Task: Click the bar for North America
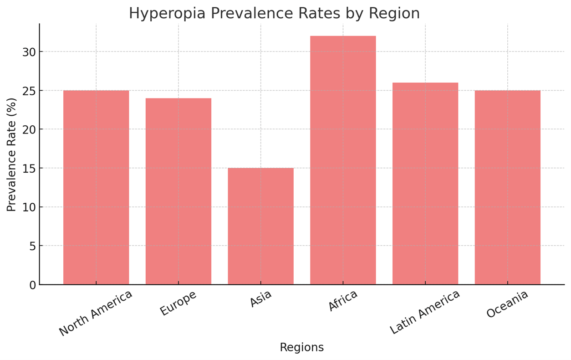point(96,187)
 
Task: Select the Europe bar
point(178,191)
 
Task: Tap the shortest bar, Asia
point(260,226)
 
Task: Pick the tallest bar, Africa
point(343,160)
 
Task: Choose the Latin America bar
point(425,184)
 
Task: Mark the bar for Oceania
point(507,187)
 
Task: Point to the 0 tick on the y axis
point(32,285)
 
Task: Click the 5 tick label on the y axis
point(32,246)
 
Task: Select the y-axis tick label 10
point(29,207)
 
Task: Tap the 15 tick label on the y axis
point(29,168)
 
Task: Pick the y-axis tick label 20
point(29,129)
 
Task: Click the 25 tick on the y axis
point(29,91)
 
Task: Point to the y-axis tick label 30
point(29,52)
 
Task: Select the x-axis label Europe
point(178,303)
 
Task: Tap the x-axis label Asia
point(260,298)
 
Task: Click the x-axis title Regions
point(301,348)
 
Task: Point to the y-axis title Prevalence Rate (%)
point(11,154)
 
